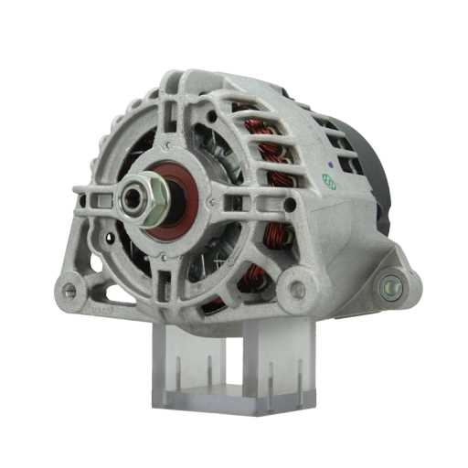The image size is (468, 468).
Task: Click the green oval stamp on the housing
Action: point(328,184)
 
